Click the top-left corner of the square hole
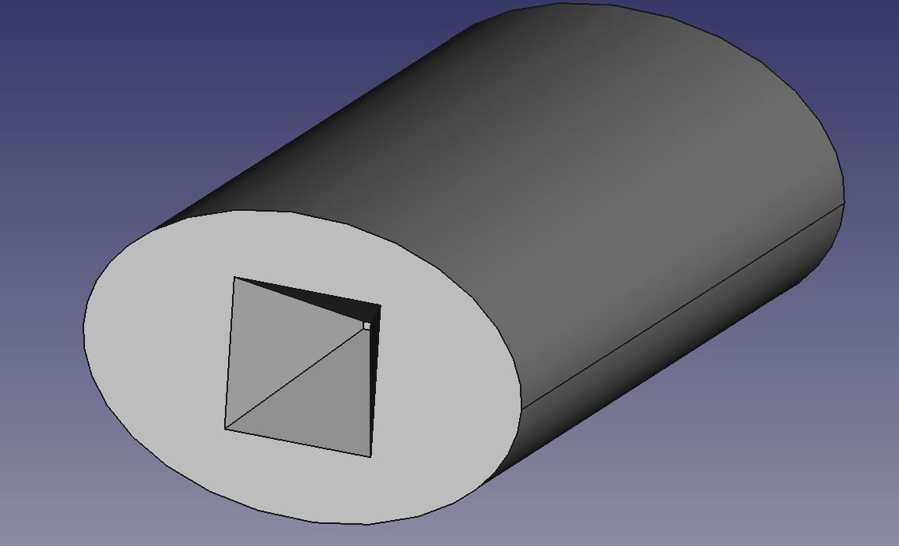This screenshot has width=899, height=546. tap(234, 277)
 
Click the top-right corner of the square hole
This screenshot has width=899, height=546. tap(381, 305)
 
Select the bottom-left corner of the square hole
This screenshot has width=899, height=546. tap(225, 429)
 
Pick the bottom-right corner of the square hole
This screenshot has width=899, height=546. tap(370, 456)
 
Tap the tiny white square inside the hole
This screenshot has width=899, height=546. tap(367, 325)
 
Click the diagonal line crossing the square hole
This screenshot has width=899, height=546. tap(295, 378)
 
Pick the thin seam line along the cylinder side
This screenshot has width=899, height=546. tap(684, 307)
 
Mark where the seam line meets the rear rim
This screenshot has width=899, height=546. tap(844, 204)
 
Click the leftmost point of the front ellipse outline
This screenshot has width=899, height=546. tap(84, 326)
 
